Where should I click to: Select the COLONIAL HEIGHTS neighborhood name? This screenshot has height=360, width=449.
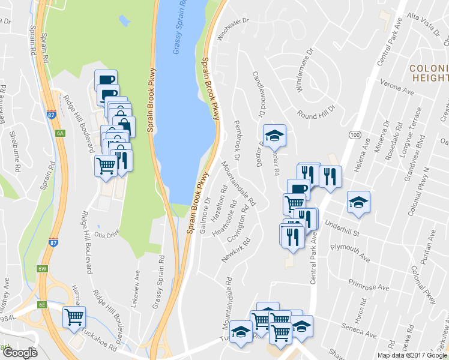click(x=429, y=73)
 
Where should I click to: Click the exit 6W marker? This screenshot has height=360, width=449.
click(x=43, y=269)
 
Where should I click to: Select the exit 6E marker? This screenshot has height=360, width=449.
click(x=42, y=304)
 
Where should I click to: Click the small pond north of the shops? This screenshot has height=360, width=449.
click(x=124, y=21)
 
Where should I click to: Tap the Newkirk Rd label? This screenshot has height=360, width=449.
click(x=235, y=251)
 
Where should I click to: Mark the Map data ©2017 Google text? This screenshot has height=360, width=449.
click(x=412, y=355)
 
